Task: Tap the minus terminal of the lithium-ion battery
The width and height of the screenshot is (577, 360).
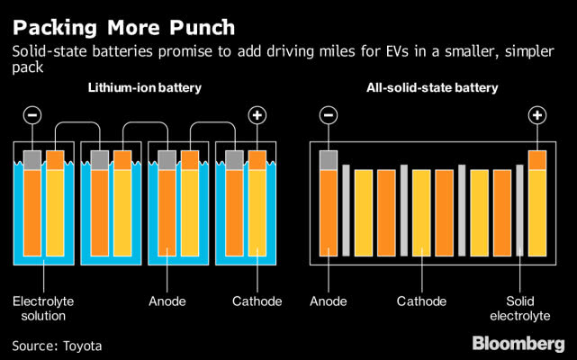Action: (32, 115)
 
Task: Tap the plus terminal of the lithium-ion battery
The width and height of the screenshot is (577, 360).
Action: (258, 115)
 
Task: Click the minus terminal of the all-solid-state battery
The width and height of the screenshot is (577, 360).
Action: (329, 115)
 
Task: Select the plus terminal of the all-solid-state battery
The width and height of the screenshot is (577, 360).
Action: (537, 115)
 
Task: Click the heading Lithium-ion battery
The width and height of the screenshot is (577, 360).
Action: (144, 88)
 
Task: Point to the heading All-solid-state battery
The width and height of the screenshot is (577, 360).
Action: (435, 88)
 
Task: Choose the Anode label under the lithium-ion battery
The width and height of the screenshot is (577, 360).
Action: (167, 301)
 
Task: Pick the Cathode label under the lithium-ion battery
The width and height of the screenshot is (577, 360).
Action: (257, 301)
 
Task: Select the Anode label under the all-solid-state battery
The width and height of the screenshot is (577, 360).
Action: (328, 301)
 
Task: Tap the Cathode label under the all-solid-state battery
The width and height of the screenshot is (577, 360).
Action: (421, 301)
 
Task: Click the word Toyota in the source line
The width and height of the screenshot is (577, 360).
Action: (82, 345)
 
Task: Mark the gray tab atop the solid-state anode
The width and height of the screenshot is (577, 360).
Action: (329, 159)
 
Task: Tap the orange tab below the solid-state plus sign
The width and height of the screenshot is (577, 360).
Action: (537, 159)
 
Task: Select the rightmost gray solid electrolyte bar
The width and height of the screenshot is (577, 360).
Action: (519, 211)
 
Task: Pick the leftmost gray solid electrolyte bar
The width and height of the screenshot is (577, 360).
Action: (346, 211)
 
